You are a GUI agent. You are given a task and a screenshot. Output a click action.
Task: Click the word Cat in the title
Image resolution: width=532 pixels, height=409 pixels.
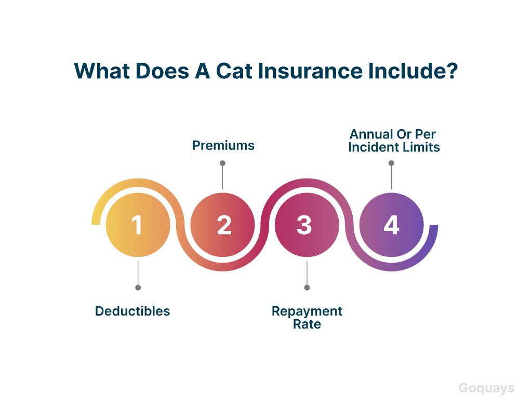233,71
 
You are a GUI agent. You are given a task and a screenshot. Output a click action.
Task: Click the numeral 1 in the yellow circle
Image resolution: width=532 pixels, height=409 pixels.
137,225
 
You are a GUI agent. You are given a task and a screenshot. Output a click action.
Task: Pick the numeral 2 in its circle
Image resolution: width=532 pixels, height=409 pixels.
224,225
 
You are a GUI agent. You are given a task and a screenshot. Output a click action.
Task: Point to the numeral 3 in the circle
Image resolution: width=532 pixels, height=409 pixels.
304,225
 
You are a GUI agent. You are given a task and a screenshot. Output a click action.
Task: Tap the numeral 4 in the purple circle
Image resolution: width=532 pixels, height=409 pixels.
392,225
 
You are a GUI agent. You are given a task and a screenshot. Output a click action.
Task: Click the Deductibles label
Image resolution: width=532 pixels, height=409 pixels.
132,311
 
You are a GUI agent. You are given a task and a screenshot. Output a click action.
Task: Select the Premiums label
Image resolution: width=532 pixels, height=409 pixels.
223,145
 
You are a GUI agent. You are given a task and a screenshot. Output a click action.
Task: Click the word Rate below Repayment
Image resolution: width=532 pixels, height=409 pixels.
307,324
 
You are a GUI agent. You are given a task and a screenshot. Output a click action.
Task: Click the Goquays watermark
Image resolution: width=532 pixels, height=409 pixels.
486,388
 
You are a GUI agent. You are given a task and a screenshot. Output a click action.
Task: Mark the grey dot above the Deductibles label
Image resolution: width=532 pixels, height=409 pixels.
138,288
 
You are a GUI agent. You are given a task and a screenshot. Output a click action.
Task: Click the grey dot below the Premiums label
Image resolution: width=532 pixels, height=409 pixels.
222,163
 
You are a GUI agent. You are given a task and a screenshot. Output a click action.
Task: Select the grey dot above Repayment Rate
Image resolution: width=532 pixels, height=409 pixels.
307,288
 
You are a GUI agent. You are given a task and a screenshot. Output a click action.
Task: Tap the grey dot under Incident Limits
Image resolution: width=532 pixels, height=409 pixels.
391,163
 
